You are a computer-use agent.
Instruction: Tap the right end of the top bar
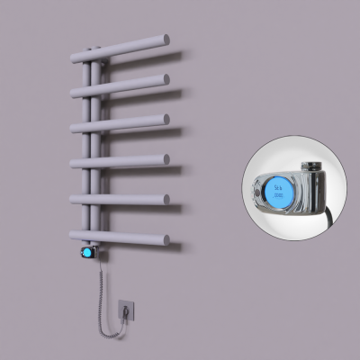click(165, 40)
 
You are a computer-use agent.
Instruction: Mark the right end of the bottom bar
click(165, 238)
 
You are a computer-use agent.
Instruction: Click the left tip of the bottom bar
click(72, 237)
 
